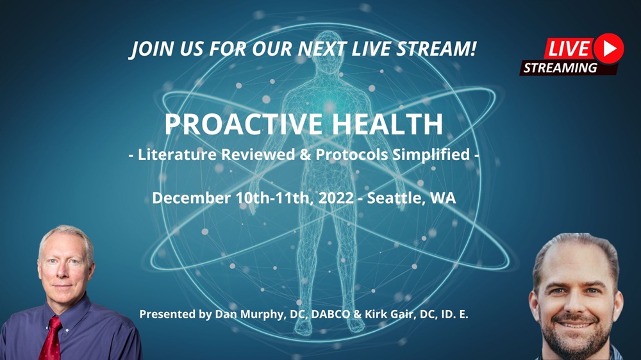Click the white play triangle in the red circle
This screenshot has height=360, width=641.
[x=610, y=48]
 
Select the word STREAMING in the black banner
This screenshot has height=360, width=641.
[x=560, y=67]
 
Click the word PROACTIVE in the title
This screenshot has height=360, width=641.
[x=244, y=124]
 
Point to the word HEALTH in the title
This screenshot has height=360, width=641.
[x=388, y=124]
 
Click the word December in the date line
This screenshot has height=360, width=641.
[x=191, y=198]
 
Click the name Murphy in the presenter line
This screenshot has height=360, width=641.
[x=262, y=315]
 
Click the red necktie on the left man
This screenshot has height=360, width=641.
[x=52, y=338]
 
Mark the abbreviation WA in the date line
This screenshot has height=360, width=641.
[x=443, y=198]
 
